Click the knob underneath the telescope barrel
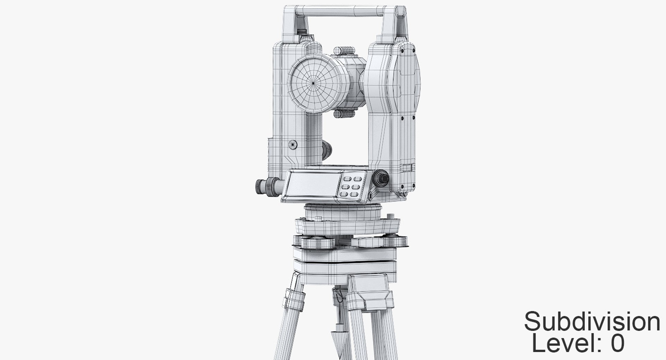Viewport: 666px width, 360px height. (x=344, y=114)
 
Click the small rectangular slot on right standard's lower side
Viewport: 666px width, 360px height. (x=409, y=168)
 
